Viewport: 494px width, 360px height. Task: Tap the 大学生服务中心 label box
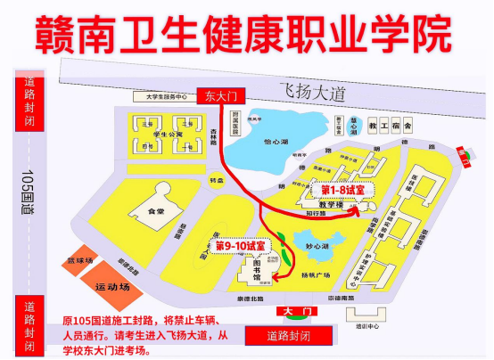[158, 97]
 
